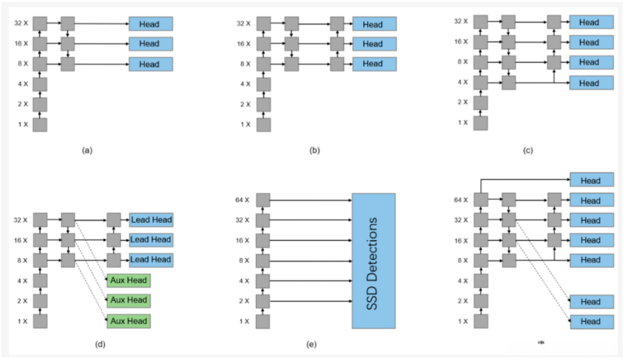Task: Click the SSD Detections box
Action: pyautogui.click(x=374, y=260)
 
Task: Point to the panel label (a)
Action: pyautogui.click(x=87, y=150)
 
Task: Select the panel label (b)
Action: pyautogui.click(x=315, y=150)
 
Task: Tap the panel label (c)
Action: pyautogui.click(x=528, y=150)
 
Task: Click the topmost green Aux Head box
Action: pyautogui.click(x=128, y=281)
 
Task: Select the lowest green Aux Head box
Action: pyautogui.click(x=128, y=321)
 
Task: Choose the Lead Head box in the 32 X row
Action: pyautogui.click(x=151, y=220)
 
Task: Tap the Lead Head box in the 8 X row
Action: pyautogui.click(x=151, y=260)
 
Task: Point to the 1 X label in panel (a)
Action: pyautogui.click(x=21, y=124)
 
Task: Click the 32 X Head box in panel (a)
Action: pyautogui.click(x=151, y=24)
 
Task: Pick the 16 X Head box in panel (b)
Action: pyautogui.click(x=374, y=44)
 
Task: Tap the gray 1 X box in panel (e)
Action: pyautogui.click(x=263, y=321)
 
